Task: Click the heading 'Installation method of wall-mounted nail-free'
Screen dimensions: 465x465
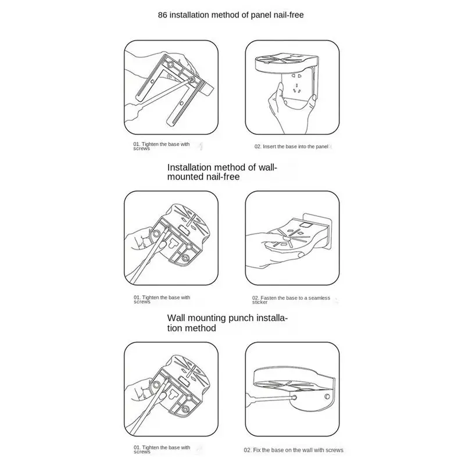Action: coord(222,173)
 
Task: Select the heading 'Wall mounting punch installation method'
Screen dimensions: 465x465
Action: coord(227,323)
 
